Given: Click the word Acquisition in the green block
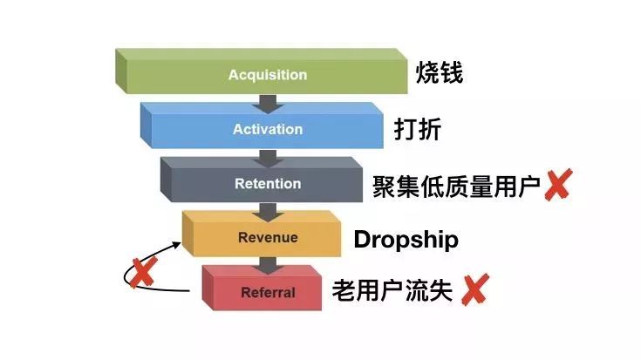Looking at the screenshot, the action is [x=268, y=75].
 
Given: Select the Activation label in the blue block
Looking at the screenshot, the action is [x=268, y=129].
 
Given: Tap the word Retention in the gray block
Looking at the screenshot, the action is [x=268, y=183].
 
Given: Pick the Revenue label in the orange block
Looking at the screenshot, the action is [x=268, y=237].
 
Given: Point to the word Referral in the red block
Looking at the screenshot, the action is [x=268, y=292].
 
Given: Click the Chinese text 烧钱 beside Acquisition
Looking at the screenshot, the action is [x=440, y=73].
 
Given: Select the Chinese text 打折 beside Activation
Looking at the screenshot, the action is [x=418, y=129].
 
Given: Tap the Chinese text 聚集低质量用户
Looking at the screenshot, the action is [x=456, y=187].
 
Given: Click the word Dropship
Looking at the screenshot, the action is [x=406, y=240].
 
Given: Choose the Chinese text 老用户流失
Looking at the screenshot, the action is [x=392, y=290].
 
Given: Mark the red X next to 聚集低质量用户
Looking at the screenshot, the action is [x=558, y=185].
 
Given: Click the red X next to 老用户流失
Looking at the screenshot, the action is [x=475, y=289].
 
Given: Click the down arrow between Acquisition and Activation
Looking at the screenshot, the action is [x=268, y=105].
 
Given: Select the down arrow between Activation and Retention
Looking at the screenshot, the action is [x=268, y=159].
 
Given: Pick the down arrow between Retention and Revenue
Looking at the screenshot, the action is [x=268, y=213].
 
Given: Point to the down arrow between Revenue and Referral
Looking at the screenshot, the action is [x=268, y=267].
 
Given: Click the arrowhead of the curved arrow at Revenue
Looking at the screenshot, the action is [x=176, y=245].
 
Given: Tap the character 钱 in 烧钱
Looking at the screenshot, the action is [x=452, y=73].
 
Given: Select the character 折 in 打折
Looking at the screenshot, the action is [x=430, y=129].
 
